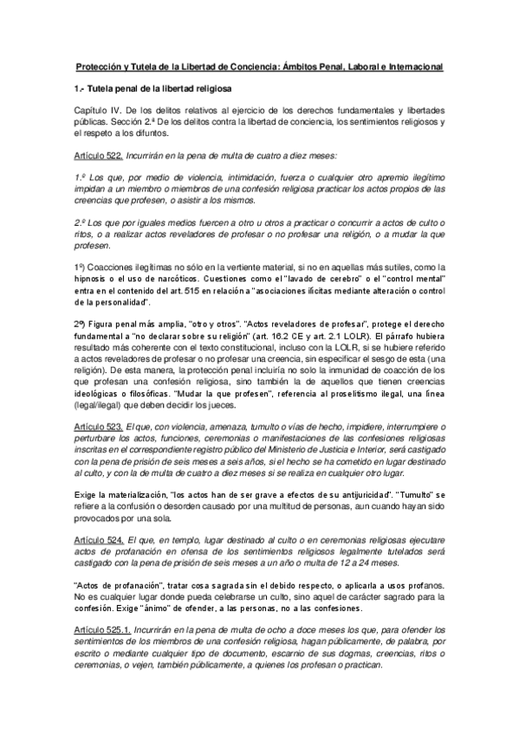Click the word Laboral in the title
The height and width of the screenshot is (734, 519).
[x=345, y=67]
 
